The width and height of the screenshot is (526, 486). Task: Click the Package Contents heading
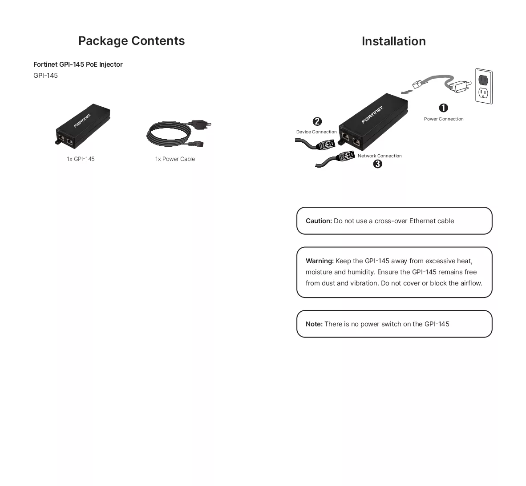[x=131, y=41]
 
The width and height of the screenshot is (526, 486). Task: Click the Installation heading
[x=393, y=41]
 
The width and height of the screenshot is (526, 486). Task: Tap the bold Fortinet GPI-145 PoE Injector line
[x=78, y=64]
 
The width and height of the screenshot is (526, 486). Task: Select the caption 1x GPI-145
[x=81, y=159]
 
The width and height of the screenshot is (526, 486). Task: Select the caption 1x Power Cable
[x=175, y=159]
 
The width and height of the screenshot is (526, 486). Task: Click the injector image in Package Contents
[x=82, y=126]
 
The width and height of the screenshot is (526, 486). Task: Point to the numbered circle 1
[x=443, y=108]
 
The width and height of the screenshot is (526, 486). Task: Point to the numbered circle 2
[x=317, y=121]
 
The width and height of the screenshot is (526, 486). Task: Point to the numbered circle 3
[x=377, y=164]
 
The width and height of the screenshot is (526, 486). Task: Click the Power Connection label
[x=444, y=119]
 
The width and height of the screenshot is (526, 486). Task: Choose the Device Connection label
[x=316, y=132]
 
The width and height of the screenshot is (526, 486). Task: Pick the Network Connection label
[x=380, y=156]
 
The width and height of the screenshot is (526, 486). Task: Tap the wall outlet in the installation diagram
[x=484, y=86]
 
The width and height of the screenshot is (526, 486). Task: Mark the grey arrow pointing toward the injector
[x=406, y=92]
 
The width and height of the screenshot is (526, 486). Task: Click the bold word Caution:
[x=319, y=221]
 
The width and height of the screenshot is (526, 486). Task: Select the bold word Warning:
[x=320, y=261]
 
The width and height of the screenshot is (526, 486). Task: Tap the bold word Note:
[x=314, y=324]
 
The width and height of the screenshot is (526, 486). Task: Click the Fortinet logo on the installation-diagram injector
[x=372, y=115]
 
